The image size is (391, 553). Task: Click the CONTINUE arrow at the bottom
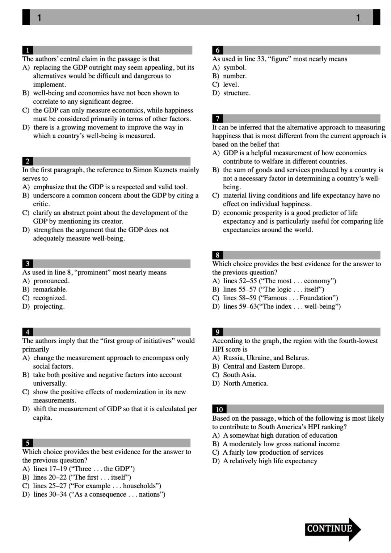(332, 529)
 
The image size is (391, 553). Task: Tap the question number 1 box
(28, 50)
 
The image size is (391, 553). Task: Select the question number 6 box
(217, 50)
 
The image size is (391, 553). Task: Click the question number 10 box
(219, 409)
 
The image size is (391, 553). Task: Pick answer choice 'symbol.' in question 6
(235, 68)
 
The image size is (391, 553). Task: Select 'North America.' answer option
(245, 383)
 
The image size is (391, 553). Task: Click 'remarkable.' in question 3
(50, 289)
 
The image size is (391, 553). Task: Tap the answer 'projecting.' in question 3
(49, 307)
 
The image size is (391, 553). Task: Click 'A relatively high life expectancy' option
(270, 461)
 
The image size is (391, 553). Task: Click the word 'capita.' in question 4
(43, 418)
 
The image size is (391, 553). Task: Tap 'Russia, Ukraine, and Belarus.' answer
(266, 358)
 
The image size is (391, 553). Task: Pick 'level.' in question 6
(231, 85)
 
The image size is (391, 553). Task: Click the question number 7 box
(217, 119)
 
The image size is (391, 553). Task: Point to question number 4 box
(28, 332)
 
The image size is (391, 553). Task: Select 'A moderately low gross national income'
(281, 444)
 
